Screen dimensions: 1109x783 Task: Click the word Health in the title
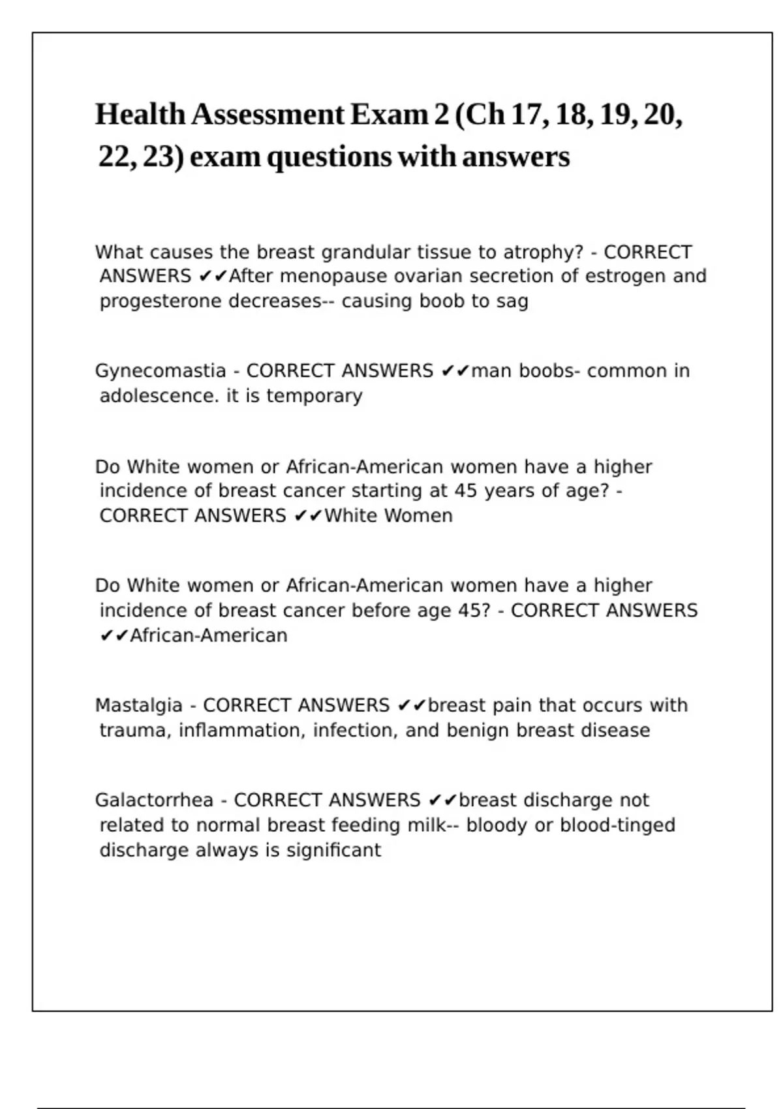[140, 115]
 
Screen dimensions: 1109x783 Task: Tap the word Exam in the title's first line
[390, 115]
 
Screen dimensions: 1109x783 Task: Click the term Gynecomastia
[161, 371]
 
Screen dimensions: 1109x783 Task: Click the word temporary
[314, 396]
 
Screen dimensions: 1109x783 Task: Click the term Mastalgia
[139, 706]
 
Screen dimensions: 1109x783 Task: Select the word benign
[478, 731]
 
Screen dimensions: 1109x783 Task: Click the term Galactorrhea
[154, 800]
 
